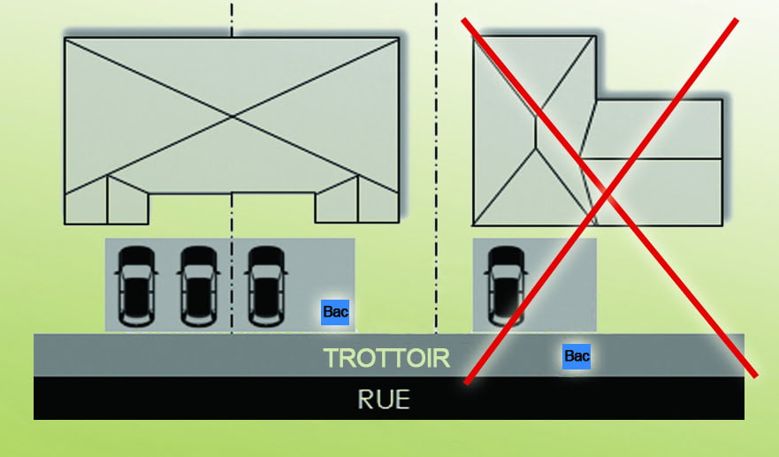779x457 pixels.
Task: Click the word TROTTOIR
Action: (386, 358)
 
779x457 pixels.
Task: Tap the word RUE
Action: (385, 399)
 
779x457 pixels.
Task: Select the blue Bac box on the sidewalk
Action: (577, 356)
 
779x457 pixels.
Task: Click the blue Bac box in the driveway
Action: (335, 311)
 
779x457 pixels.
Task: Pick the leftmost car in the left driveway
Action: (136, 285)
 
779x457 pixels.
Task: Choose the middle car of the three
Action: (198, 285)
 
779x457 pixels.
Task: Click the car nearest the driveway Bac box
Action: (265, 285)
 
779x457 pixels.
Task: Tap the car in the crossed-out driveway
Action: (505, 285)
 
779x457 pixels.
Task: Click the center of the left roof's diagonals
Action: (232, 116)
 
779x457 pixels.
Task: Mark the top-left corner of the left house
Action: (65, 38)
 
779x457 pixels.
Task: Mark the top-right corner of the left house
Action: (399, 38)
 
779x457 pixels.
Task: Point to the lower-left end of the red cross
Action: (466, 383)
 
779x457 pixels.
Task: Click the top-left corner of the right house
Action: (473, 38)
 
